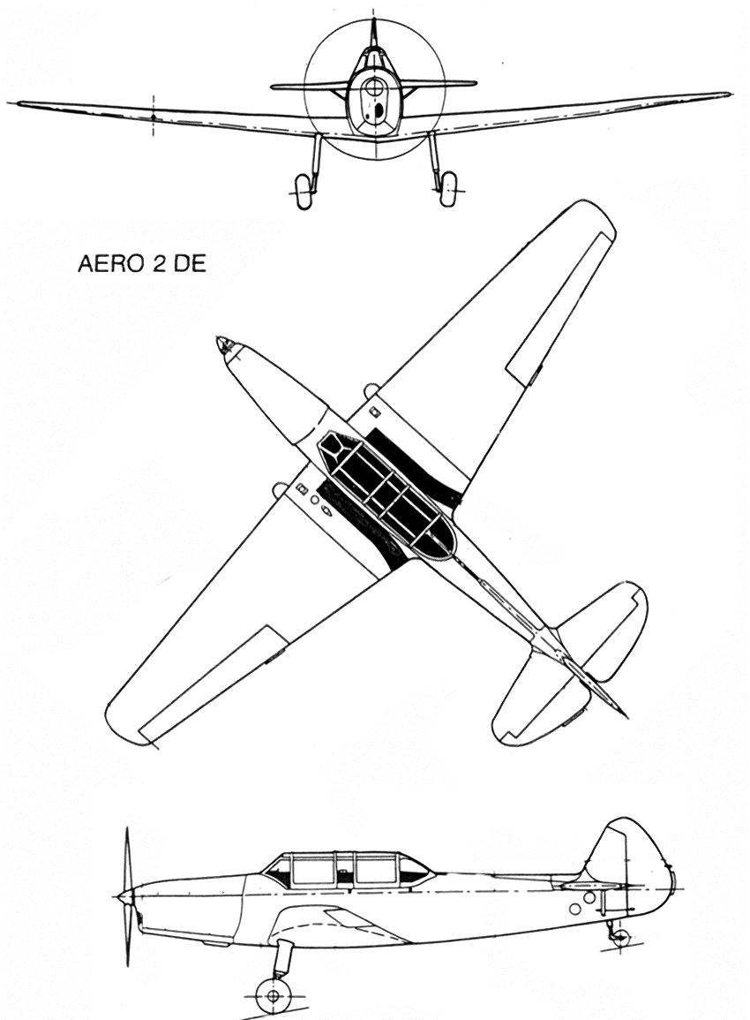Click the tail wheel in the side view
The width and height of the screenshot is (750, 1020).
pyautogui.click(x=621, y=938)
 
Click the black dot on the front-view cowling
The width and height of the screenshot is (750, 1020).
pyautogui.click(x=375, y=113)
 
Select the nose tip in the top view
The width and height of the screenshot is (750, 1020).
pyautogui.click(x=221, y=342)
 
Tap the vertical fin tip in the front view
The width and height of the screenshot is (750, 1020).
pyautogui.click(x=374, y=22)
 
